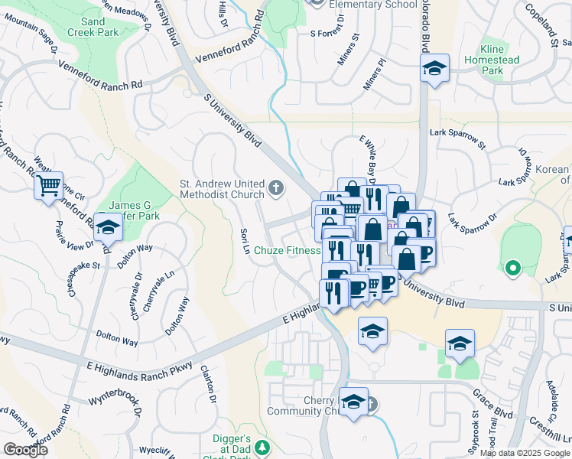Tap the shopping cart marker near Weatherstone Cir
[x=48, y=185]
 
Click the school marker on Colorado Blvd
[x=434, y=70]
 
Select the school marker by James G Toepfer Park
[x=108, y=228]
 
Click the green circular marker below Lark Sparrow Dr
[x=513, y=268]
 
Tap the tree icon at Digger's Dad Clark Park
[x=262, y=446]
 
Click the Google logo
[x=26, y=450]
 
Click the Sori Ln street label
[x=245, y=243]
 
